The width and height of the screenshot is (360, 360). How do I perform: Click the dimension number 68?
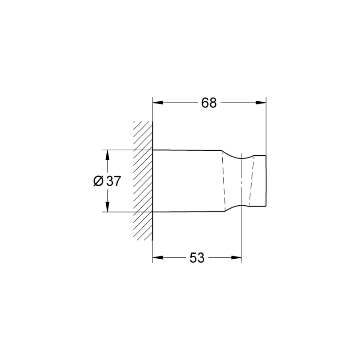(x=209, y=103)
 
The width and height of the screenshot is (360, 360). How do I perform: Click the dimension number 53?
(x=197, y=258)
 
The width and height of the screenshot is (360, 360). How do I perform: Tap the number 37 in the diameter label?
(x=113, y=181)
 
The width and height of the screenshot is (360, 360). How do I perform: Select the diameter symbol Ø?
(x=99, y=181)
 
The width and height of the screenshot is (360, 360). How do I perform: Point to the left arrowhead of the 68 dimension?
(x=158, y=103)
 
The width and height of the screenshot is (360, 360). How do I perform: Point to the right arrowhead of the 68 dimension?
(x=261, y=103)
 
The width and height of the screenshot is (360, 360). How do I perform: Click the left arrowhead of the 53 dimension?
(x=158, y=257)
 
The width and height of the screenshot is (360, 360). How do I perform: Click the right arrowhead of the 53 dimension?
(x=237, y=257)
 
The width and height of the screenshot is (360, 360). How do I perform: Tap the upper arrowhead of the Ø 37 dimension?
(x=107, y=155)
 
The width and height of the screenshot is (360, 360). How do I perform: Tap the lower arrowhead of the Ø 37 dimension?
(x=107, y=207)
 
